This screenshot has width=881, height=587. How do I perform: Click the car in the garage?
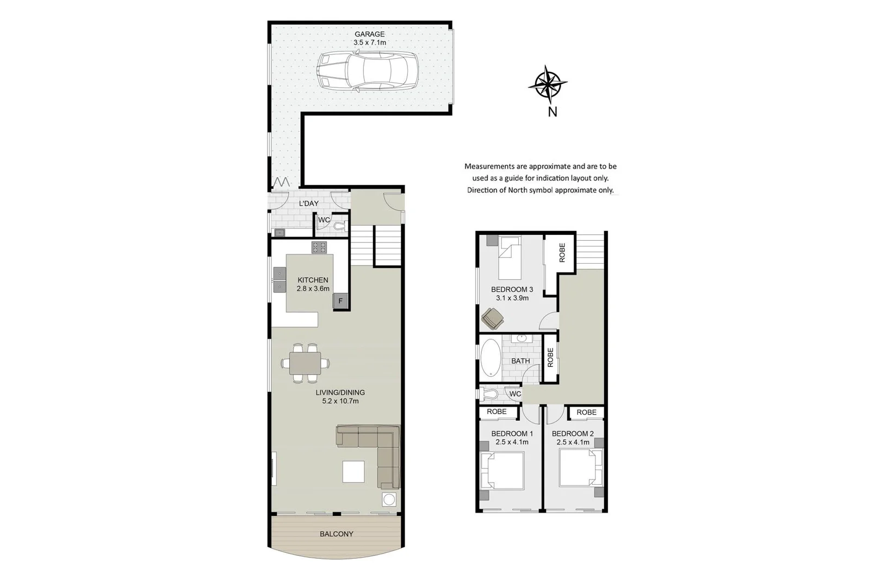click(368, 71)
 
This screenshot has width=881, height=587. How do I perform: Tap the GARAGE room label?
click(369, 34)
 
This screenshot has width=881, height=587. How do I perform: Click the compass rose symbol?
click(548, 84)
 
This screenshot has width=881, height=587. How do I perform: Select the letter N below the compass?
click(553, 112)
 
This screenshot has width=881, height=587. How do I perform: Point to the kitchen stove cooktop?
click(319, 248)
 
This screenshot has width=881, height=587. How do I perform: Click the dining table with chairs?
click(305, 363)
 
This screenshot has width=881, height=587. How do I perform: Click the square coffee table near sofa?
click(353, 471)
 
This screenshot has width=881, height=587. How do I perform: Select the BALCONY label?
click(336, 534)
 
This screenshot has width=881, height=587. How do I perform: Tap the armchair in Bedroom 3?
click(493, 318)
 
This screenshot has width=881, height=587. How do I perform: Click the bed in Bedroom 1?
click(502, 471)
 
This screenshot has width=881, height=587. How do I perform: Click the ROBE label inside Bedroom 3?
click(562, 253)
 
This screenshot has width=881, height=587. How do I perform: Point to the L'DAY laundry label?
click(309, 203)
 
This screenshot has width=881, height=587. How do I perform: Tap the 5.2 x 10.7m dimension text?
click(340, 401)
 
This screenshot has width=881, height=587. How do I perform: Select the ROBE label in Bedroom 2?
click(586, 413)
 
